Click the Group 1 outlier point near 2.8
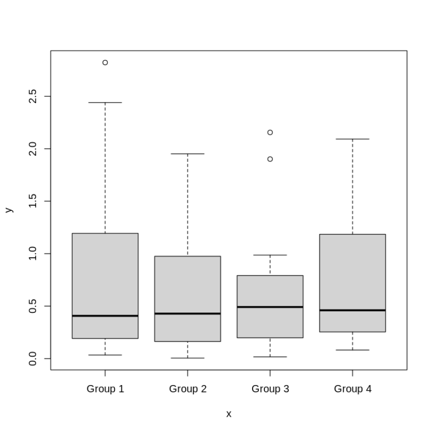pos(105,63)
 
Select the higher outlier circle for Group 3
pos(270,132)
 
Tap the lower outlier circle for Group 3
pos(270,159)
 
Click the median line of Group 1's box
pos(105,316)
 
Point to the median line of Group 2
pos(188,313)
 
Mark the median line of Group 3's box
pos(270,307)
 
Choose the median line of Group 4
pos(352,310)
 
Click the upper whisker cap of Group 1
pos(105,103)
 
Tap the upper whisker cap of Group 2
pos(188,153)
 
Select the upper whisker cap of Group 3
pos(270,255)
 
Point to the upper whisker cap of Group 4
pos(352,139)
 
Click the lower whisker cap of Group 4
pos(352,350)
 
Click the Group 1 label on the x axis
pos(105,389)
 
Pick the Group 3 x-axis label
pos(270,389)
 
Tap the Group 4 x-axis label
pos(352,389)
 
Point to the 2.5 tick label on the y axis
pos(32,96)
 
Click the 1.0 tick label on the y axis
pos(32,254)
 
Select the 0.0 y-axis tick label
pos(32,359)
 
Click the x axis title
pos(228,414)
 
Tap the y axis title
pos(8,210)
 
